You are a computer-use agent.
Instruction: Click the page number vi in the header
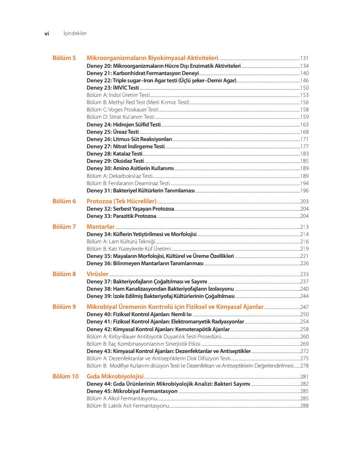point(46,33)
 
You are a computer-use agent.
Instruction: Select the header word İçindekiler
point(75,33)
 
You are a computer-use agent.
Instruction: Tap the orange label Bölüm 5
point(64,59)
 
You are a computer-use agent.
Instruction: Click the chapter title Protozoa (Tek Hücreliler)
point(121,201)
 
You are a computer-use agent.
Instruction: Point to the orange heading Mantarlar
point(100,227)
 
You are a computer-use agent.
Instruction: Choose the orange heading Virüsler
point(97,274)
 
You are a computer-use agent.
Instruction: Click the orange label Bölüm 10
point(65,376)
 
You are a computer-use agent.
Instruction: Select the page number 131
point(304,59)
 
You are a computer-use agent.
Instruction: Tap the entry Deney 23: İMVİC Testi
point(113,88)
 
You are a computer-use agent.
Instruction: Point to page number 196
point(304,191)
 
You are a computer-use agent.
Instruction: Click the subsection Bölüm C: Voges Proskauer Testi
point(122,110)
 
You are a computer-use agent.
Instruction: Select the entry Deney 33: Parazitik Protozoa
point(121,216)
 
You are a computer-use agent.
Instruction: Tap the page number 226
point(304,263)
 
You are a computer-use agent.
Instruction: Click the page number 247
point(304,307)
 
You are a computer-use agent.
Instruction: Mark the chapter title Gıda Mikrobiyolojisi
point(115,376)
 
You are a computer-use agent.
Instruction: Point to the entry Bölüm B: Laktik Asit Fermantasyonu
point(128,406)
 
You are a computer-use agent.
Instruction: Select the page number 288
point(304,406)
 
